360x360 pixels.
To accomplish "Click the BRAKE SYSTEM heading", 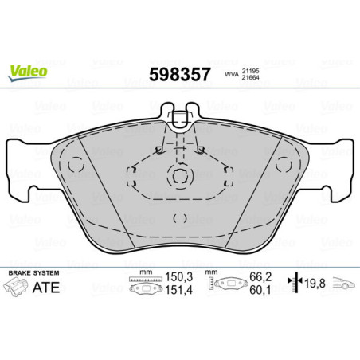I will [30, 273].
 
